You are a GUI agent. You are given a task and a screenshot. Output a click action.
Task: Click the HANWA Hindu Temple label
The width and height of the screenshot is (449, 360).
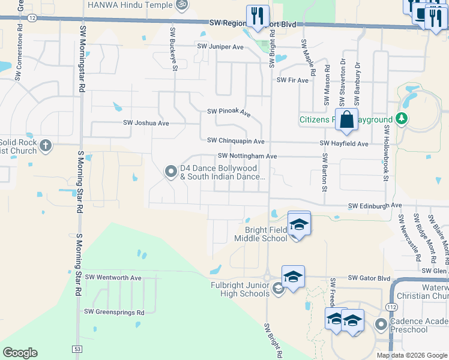130,4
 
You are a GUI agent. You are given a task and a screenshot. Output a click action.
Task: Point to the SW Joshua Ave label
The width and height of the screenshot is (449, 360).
146,123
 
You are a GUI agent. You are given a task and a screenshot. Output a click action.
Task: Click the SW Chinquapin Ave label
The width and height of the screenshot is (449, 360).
236,141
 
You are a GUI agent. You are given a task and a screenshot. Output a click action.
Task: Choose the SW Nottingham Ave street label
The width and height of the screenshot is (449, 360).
243,156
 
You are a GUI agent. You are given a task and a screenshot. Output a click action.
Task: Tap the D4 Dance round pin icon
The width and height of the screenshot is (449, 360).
170,173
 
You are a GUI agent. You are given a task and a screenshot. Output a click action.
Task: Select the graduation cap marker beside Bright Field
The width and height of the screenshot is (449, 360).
298,224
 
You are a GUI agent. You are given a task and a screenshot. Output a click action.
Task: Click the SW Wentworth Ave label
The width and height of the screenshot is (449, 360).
113,277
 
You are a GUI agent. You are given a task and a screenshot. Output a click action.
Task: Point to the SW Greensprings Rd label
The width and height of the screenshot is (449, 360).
114,312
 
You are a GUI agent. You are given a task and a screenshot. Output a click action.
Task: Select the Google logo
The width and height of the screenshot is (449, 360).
20,353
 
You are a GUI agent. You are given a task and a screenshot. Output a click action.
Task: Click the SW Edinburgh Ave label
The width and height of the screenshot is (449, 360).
375,205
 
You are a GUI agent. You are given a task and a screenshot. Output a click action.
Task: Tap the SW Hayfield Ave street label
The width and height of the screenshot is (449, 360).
344,144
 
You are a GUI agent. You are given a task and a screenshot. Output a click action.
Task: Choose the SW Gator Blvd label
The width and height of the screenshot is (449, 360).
370,279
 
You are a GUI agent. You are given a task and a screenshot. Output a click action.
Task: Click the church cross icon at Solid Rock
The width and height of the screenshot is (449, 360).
45,145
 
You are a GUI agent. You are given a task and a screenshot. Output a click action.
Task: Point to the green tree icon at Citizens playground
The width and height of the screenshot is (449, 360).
402,119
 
